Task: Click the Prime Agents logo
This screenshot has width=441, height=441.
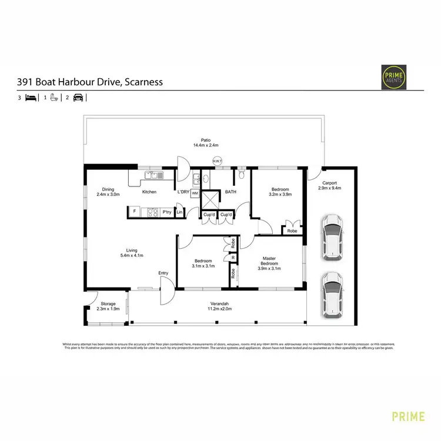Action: pos(393,76)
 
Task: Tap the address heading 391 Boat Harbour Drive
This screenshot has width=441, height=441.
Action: pos(89,82)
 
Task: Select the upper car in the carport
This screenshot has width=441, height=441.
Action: pos(333,237)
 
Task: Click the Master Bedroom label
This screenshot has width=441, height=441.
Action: pos(269,262)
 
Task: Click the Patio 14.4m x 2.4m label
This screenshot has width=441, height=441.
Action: pos(206,142)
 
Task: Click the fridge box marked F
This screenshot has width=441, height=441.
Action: pos(135,212)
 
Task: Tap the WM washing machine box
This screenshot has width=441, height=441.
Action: pos(194,193)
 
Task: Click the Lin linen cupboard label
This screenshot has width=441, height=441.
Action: pos(179,212)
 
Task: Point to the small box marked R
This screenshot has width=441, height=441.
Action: pos(233,258)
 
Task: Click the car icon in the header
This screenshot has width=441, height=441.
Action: pos(78,98)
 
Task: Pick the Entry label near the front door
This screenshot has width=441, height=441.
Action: pos(163,273)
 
